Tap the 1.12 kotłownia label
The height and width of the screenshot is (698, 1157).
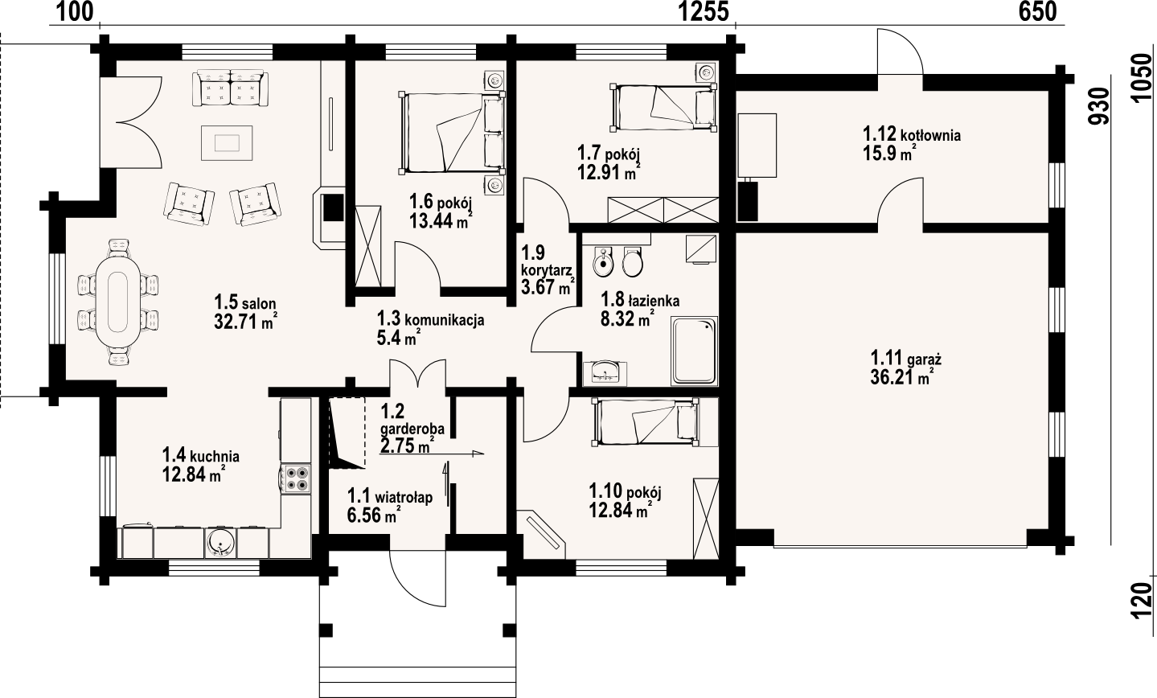tap(912, 135)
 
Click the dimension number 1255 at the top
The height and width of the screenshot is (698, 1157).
tap(703, 12)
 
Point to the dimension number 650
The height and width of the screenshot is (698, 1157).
tap(1038, 12)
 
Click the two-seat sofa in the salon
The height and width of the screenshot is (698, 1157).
tap(231, 88)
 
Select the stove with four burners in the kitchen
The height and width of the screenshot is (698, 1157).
tap(296, 478)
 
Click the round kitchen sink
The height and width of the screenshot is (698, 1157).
tap(220, 543)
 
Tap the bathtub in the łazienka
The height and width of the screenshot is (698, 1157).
tap(694, 351)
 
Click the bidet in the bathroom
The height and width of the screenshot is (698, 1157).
tap(602, 262)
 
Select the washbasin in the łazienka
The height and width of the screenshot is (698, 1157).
tap(605, 373)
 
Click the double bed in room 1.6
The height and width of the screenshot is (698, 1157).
tap(451, 132)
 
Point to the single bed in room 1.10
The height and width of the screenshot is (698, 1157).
tap(646, 421)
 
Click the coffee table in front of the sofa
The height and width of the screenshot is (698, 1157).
tap(227, 142)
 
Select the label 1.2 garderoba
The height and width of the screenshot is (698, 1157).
tap(412, 420)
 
